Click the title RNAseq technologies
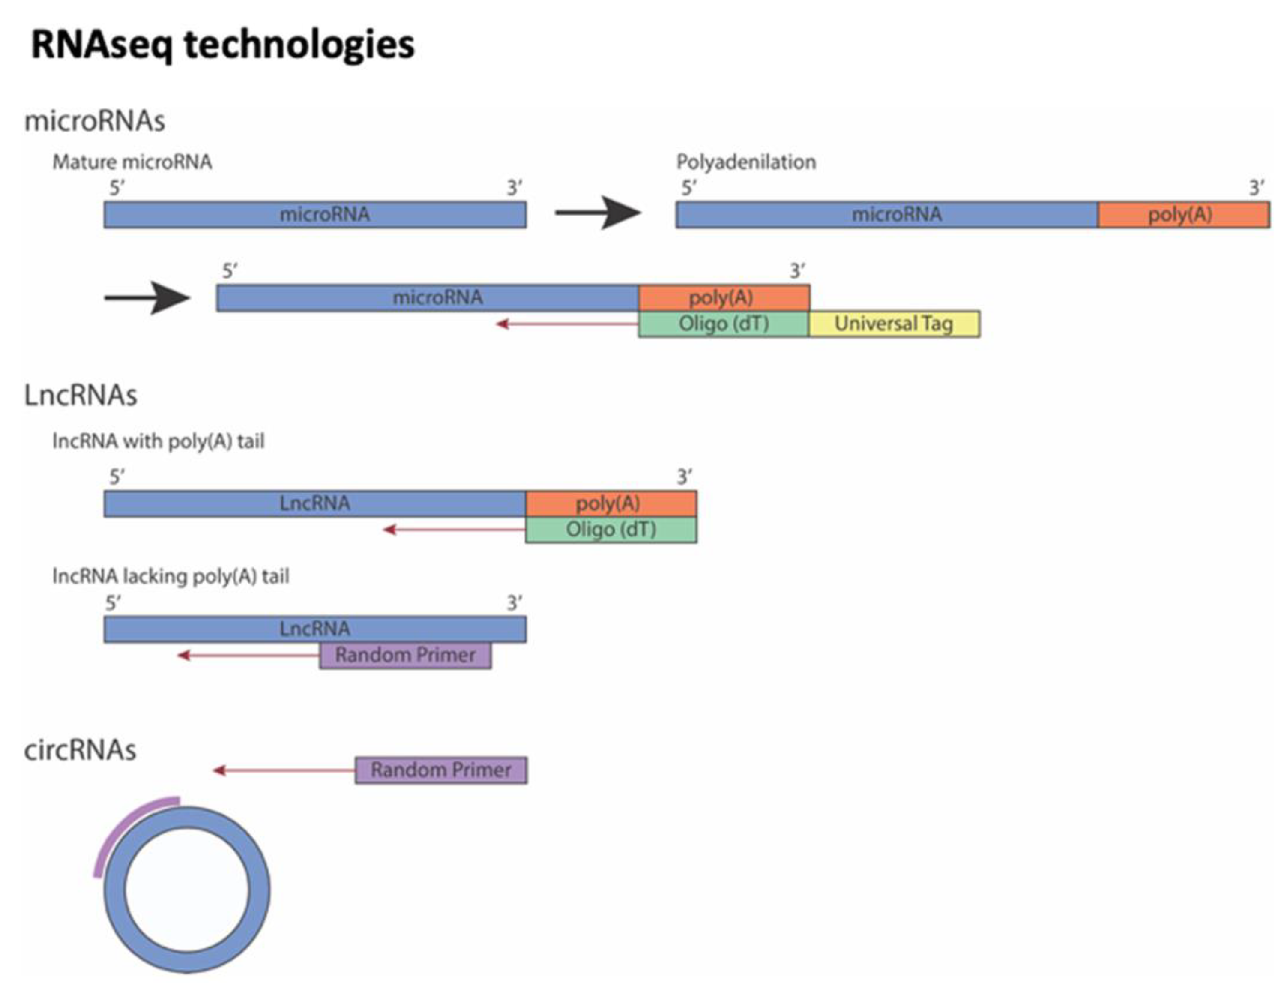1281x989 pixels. coord(223,45)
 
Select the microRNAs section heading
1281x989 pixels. coord(94,121)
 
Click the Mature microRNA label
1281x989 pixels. coord(132,162)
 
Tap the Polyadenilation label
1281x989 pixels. coord(745,162)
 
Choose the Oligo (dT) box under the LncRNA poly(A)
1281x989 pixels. coord(611,530)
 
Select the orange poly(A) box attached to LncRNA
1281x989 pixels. coord(611,503)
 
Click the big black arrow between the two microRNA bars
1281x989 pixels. coord(598,213)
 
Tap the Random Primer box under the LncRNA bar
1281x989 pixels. coord(405,655)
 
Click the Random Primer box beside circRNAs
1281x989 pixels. coord(441,770)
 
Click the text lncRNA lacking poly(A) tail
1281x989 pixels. coord(171,577)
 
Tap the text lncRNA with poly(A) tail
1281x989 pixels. coord(159,441)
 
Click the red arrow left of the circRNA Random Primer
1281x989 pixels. coord(284,770)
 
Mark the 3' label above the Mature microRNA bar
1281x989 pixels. coord(515,188)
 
